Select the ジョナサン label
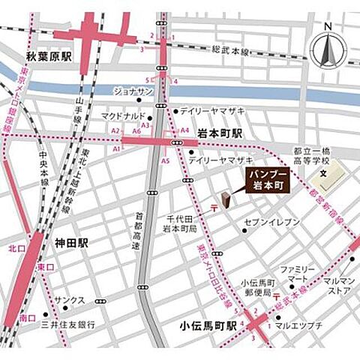click(x=133, y=91)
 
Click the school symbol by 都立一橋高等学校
click(x=323, y=175)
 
